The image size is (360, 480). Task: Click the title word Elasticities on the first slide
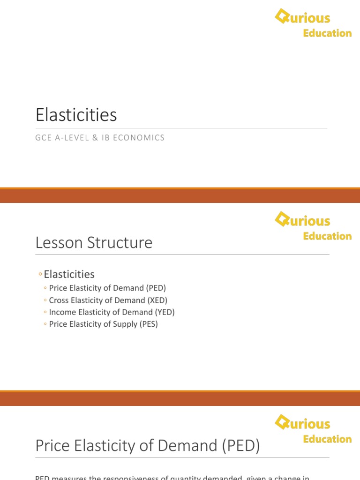coord(76,115)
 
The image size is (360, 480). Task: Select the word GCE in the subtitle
coord(43,138)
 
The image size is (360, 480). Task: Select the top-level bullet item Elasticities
coord(69,274)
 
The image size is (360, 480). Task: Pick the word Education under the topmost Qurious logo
coord(327,33)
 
